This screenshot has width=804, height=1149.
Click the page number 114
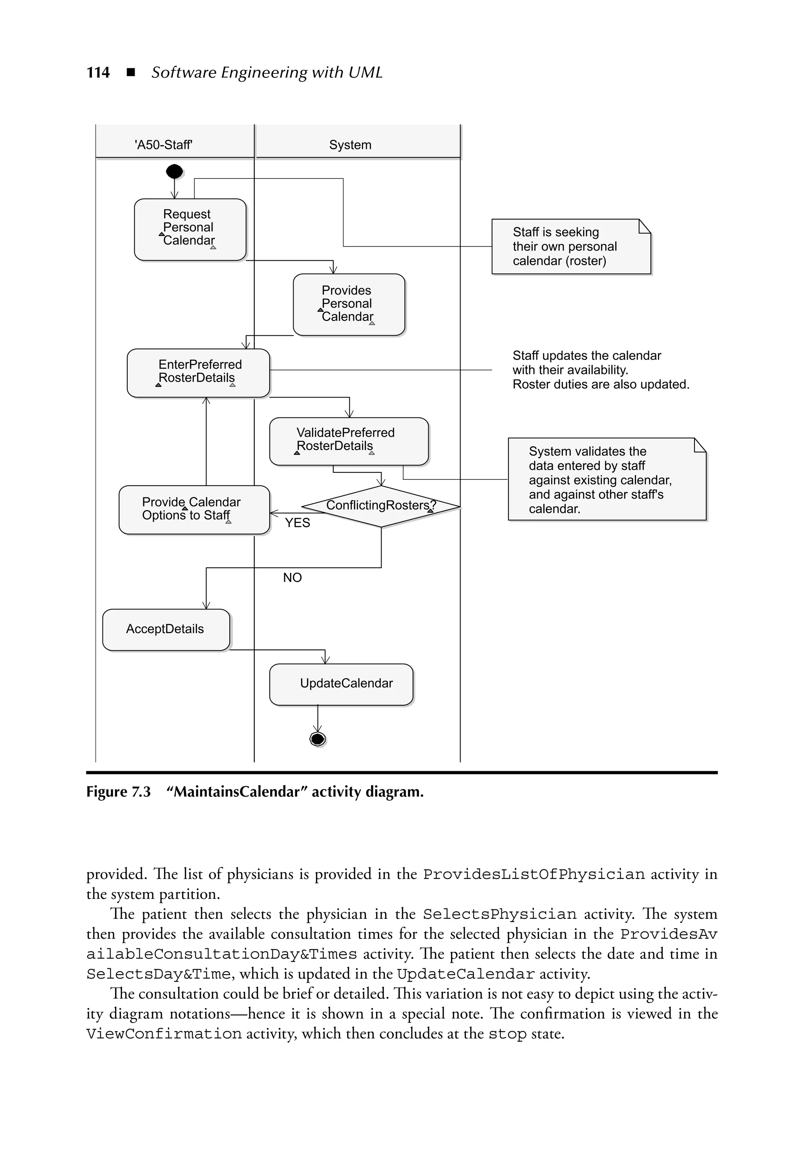click(x=98, y=73)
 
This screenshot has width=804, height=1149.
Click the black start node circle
click(x=174, y=172)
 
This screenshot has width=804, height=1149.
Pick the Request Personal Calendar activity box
click(x=190, y=229)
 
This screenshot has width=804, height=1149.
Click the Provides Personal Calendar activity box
click(x=348, y=304)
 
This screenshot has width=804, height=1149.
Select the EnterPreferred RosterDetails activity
click(x=198, y=373)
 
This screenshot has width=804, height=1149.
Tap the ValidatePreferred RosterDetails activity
click(x=348, y=441)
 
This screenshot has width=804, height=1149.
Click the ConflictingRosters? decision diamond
click(x=381, y=506)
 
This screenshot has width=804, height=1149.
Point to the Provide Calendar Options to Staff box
click(x=194, y=509)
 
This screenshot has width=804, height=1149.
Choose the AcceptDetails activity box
click(x=166, y=629)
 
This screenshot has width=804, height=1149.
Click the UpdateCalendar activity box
click(x=341, y=684)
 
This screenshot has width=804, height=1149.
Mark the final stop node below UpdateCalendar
click(x=317, y=739)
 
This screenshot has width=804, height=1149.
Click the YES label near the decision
click(x=298, y=523)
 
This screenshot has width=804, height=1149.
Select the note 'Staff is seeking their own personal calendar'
click(x=570, y=247)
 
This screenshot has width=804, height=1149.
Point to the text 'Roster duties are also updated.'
click(x=600, y=384)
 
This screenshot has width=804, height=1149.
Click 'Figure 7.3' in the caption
click(x=118, y=792)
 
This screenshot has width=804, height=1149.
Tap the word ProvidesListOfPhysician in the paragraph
click(x=534, y=874)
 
